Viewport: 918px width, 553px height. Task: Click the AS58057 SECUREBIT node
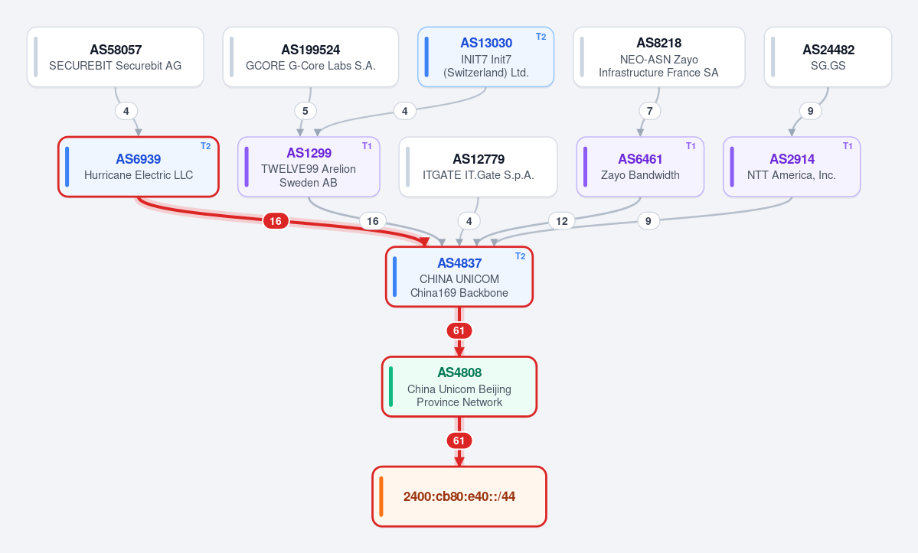[116, 57]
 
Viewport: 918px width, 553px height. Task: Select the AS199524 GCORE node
[310, 57]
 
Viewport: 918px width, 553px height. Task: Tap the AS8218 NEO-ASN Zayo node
[658, 57]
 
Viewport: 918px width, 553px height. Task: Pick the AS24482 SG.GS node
[828, 57]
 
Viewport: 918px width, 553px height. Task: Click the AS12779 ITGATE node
[478, 167]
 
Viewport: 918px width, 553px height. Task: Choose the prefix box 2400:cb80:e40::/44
[459, 496]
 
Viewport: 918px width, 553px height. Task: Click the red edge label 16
[276, 221]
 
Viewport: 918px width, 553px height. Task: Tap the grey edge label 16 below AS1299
[372, 221]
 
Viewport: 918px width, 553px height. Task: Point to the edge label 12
[561, 221]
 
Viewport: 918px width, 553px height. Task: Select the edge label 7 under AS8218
[649, 110]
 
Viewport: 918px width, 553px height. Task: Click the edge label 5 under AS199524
[305, 110]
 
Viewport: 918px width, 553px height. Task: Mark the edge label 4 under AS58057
[126, 110]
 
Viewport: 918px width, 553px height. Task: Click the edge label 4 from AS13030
[404, 110]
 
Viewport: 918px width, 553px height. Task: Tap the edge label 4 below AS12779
[469, 221]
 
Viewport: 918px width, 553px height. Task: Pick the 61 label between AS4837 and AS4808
[459, 331]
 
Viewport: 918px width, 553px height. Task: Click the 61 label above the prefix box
[459, 441]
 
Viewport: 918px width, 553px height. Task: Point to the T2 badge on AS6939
[205, 146]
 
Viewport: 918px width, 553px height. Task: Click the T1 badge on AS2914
[847, 146]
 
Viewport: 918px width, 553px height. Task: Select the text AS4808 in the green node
[459, 372]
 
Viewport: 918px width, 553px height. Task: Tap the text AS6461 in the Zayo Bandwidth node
[640, 159]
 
